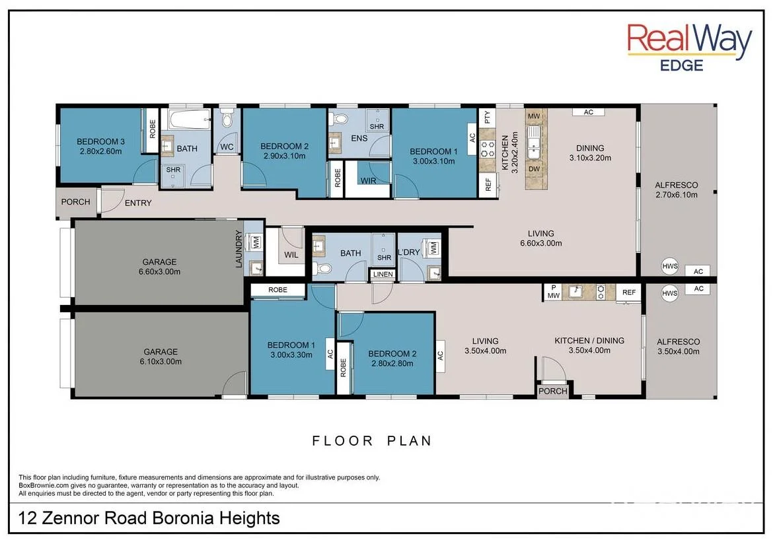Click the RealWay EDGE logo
pos(689,47)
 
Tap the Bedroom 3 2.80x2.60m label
pos(100,147)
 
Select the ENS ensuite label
pos(359,138)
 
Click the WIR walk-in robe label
pos(368,181)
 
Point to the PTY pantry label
pos(487,117)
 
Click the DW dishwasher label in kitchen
pos(534,169)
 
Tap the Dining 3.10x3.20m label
pos(590,153)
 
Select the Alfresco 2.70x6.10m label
pos(677,189)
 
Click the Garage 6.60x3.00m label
pos(160,266)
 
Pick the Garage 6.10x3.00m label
pos(161,357)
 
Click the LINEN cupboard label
pos(383,274)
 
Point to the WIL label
pos(291,255)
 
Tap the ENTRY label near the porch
pos(138,203)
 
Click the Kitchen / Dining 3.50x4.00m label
pos(589,345)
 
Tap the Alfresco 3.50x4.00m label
pos(679,347)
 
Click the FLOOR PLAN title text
pos(372,440)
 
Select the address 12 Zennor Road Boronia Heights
pos(149,518)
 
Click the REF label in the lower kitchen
pos(629,292)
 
